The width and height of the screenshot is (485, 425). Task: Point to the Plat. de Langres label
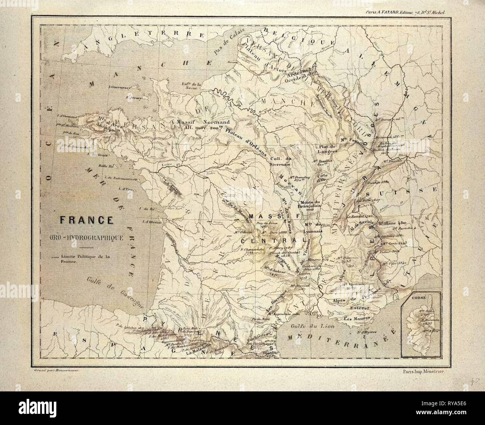327,149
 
